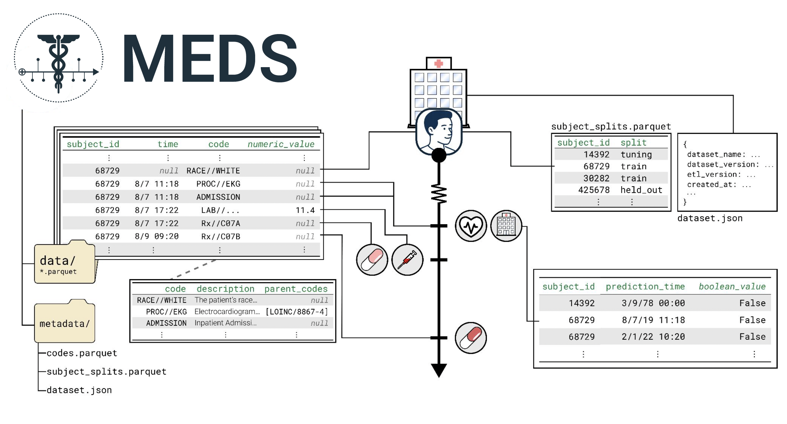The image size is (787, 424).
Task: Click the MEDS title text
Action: [x=210, y=58]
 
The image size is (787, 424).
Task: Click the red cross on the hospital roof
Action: [x=439, y=63]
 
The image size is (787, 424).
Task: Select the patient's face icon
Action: [x=439, y=132]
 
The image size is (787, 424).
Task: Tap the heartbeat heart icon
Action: [x=471, y=226]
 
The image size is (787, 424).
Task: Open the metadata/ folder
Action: [x=65, y=321]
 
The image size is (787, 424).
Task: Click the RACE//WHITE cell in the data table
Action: [x=213, y=171]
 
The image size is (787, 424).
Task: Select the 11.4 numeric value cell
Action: [x=305, y=210]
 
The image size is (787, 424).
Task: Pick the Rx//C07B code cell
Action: [x=220, y=237]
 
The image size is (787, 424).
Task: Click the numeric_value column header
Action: [x=281, y=144]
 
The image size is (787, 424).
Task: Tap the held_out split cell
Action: [x=641, y=190]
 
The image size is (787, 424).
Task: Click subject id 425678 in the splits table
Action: [x=594, y=190]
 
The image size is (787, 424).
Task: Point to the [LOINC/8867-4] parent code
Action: [x=297, y=312]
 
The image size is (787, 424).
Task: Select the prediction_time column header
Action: [x=645, y=286]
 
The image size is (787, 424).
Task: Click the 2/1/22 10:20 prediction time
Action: [x=653, y=337]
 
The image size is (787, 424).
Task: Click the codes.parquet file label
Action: [x=82, y=353]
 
